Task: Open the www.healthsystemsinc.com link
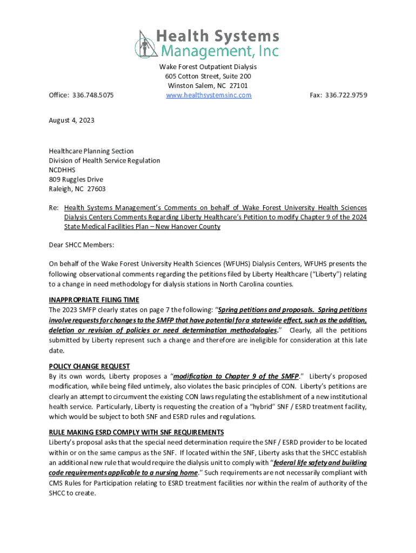tap(208, 95)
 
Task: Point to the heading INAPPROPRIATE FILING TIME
tap(94, 300)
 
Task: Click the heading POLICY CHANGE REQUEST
tap(89, 366)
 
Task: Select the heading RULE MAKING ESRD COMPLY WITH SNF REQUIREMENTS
tap(136, 433)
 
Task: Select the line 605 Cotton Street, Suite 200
tap(208, 76)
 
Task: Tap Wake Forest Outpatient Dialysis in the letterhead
tap(208, 66)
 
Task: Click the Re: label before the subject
tap(53, 208)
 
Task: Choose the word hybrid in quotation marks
tap(256, 406)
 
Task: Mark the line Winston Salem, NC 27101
tap(208, 86)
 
